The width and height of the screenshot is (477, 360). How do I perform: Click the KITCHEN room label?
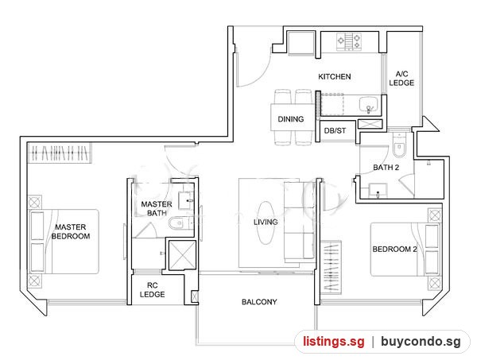tap(335, 76)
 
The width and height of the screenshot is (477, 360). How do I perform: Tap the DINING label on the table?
tap(291, 119)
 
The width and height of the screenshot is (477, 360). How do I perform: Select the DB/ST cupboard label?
tap(335, 131)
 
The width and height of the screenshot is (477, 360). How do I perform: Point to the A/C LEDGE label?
tap(401, 79)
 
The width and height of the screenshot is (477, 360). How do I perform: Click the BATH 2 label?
tap(386, 168)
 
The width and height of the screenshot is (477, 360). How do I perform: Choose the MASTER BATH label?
tap(157, 208)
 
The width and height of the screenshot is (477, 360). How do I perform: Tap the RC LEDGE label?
tap(153, 290)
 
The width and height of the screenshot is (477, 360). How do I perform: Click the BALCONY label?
tap(259, 302)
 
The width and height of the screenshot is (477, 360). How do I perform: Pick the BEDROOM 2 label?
tap(394, 250)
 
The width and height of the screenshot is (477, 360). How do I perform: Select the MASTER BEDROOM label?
tap(71, 232)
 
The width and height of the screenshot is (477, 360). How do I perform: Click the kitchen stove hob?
tap(349, 41)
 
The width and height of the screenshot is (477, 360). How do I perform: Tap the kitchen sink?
tap(369, 105)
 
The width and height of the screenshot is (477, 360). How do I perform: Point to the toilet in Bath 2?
tap(399, 145)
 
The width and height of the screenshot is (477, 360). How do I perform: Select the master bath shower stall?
tap(182, 255)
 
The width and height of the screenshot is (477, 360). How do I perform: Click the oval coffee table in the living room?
tap(266, 223)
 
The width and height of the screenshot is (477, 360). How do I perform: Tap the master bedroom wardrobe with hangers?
tap(60, 153)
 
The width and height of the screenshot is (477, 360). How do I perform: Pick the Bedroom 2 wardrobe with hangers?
tap(331, 267)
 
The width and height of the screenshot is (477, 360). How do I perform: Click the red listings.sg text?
tap(333, 342)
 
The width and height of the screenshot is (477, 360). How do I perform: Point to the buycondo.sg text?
tap(421, 342)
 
